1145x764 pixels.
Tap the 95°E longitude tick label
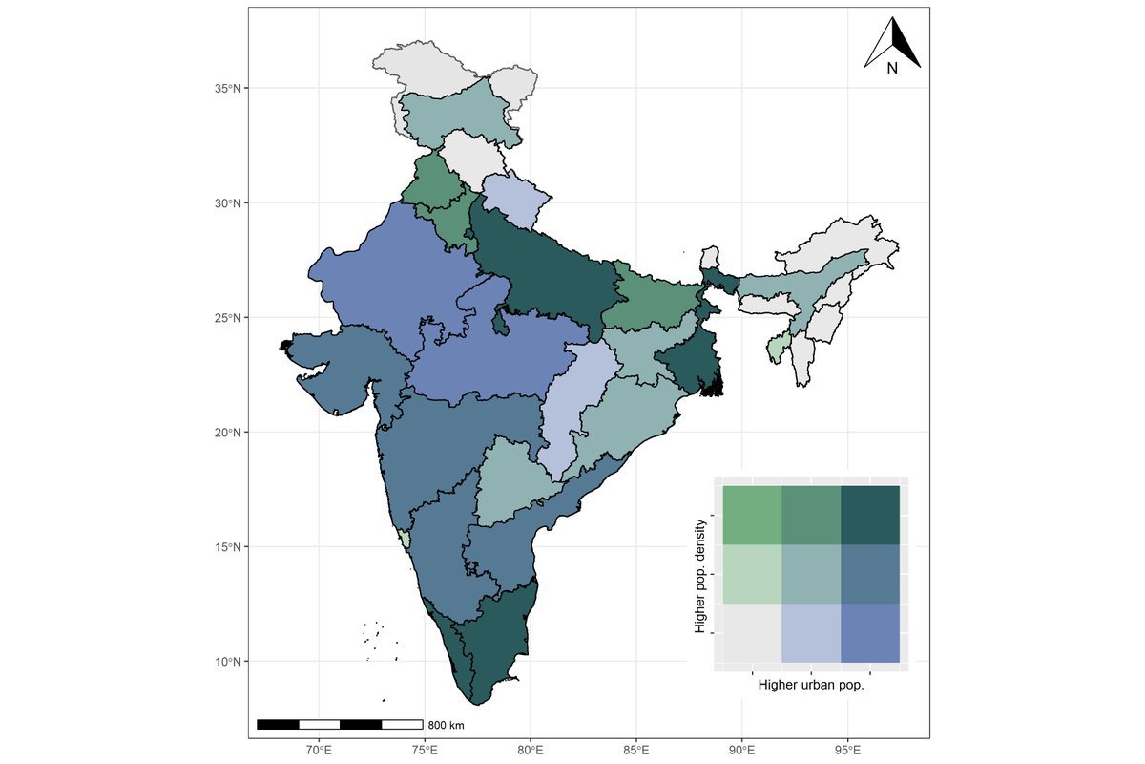coord(848,749)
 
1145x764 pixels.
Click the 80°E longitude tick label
coord(531,749)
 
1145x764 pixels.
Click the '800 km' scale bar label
coord(445,724)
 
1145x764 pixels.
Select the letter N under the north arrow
coord(892,69)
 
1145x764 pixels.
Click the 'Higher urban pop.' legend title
coord(816,685)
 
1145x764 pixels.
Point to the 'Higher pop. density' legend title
coord(702,577)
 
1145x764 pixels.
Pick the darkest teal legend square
coord(870,515)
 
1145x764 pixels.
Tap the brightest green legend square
coord(752,515)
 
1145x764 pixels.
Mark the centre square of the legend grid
coord(811,574)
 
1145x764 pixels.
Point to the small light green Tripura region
coord(780,347)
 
